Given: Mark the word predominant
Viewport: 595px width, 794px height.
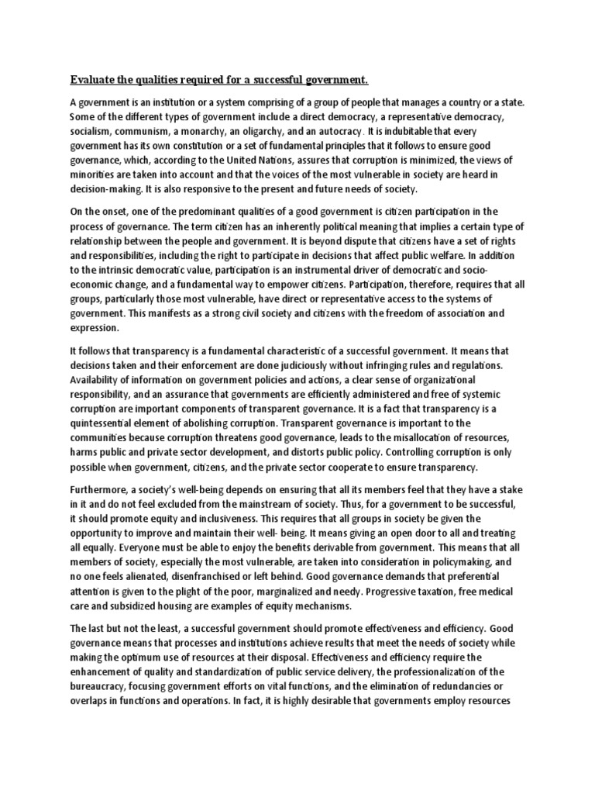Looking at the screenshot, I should pos(202,212).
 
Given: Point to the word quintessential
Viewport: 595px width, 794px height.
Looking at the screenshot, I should pos(105,409).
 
